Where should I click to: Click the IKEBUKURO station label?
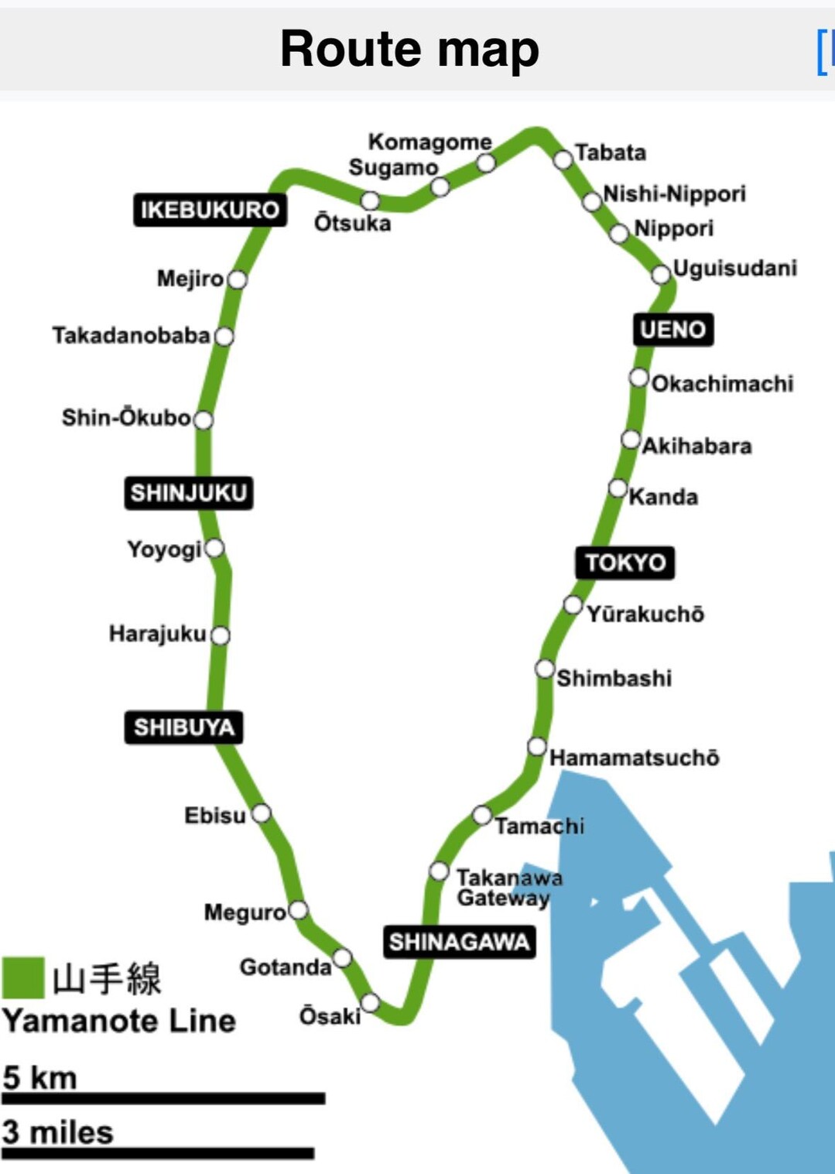pos(210,210)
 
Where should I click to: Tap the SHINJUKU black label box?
pos(188,493)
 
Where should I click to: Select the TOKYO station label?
pos(625,563)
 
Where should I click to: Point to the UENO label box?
pos(672,330)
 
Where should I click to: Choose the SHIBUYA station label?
pos(183,727)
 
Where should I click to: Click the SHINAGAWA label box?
pos(459,942)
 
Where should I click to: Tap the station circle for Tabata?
pos(563,159)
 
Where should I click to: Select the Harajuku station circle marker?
pos(221,635)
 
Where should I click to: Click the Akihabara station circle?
pos(631,440)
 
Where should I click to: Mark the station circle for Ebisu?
pos(262,813)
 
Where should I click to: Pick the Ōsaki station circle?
pos(371,1003)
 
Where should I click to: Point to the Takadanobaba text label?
pos(132,336)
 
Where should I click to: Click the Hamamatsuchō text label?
pos(635,758)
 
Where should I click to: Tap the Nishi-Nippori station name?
pos(674,193)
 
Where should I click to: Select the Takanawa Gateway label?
pos(508,888)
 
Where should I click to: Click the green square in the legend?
pos(23,977)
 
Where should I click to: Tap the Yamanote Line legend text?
pos(119,1021)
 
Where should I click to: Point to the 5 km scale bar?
pos(163,1098)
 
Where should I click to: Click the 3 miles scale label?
pos(58,1132)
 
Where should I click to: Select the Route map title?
pos(409,49)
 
